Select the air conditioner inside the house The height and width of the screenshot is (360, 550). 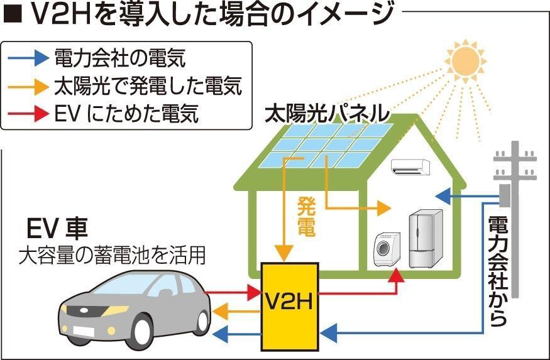coord(410,166)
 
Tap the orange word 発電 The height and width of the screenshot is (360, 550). coord(305,216)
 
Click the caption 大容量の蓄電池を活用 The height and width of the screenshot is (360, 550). coord(112,255)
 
